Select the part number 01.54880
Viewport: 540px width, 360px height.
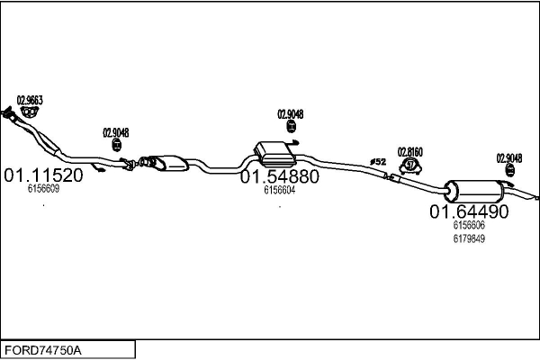(279, 177)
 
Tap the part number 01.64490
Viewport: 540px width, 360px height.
(469, 212)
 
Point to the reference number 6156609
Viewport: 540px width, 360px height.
(43, 189)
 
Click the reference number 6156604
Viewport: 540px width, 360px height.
(279, 190)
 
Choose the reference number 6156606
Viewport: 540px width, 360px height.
(469, 225)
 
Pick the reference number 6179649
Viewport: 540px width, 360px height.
(469, 238)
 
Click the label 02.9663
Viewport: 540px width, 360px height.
(30, 100)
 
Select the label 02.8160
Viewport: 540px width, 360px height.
(410, 152)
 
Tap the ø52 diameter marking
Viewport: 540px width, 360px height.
(378, 161)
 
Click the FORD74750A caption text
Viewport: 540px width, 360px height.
(43, 349)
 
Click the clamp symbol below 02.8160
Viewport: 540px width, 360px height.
(411, 165)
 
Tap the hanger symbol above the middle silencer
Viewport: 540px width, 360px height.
(290, 128)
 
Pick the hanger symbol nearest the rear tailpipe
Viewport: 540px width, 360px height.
(510, 170)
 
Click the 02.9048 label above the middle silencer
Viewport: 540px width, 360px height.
(290, 114)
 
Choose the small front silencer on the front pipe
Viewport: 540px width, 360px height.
(166, 163)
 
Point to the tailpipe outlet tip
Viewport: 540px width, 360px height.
(536, 197)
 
